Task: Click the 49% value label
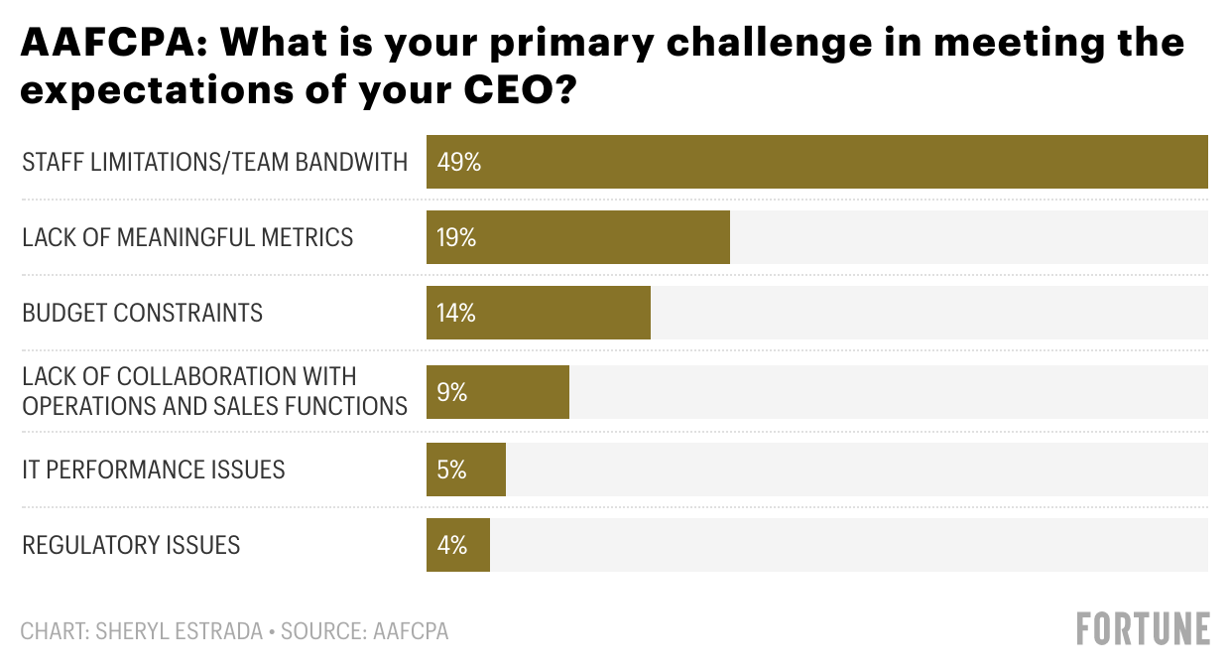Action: [x=458, y=162]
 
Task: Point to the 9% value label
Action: [x=451, y=392]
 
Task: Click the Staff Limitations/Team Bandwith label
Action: [x=214, y=162]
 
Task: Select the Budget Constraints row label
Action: [x=142, y=313]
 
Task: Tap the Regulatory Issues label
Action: [x=131, y=545]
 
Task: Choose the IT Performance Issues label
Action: [x=154, y=469]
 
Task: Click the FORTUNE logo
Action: [x=1143, y=629]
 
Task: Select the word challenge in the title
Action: [x=746, y=43]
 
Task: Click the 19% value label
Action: [x=457, y=237]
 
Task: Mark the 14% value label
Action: [x=456, y=313]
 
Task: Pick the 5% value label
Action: [x=451, y=469]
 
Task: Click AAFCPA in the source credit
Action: [x=411, y=631]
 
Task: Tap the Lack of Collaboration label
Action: [x=214, y=391]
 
